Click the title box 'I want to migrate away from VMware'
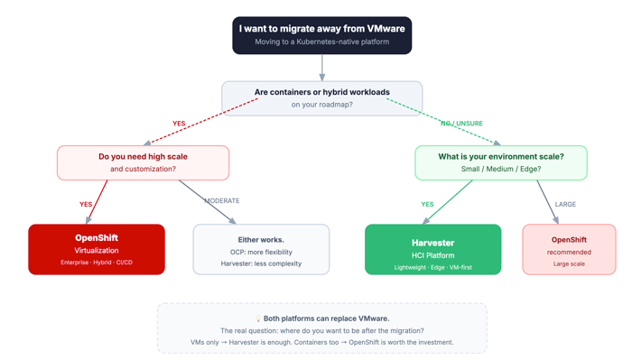321,35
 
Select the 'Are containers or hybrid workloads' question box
321,97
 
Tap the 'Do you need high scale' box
143,162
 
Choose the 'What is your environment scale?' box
500,162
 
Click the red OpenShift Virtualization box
97,249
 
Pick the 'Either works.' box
261,249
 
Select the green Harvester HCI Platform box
432,249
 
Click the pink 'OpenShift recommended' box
569,249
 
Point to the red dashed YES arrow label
179,124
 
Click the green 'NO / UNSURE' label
462,124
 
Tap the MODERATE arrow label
222,200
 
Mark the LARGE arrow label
565,205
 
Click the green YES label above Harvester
427,205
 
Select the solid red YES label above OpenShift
86,205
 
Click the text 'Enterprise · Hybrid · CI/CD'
97,263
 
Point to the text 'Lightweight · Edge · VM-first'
432,268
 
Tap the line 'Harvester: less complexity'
261,263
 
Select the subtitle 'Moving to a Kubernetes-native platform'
321,42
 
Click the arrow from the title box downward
321,68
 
